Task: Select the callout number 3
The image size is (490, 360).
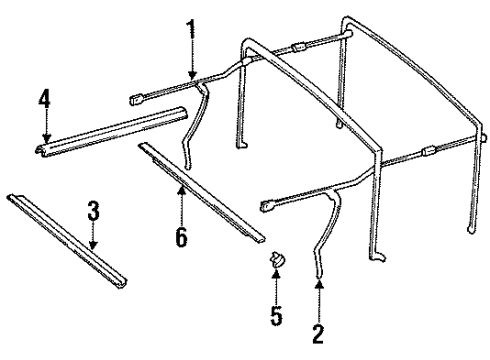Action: pyautogui.click(x=92, y=211)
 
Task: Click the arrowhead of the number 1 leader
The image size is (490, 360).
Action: pyautogui.click(x=190, y=77)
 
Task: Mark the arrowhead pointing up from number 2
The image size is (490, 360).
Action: pyautogui.click(x=320, y=286)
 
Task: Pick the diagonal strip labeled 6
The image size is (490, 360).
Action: pyautogui.click(x=200, y=195)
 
